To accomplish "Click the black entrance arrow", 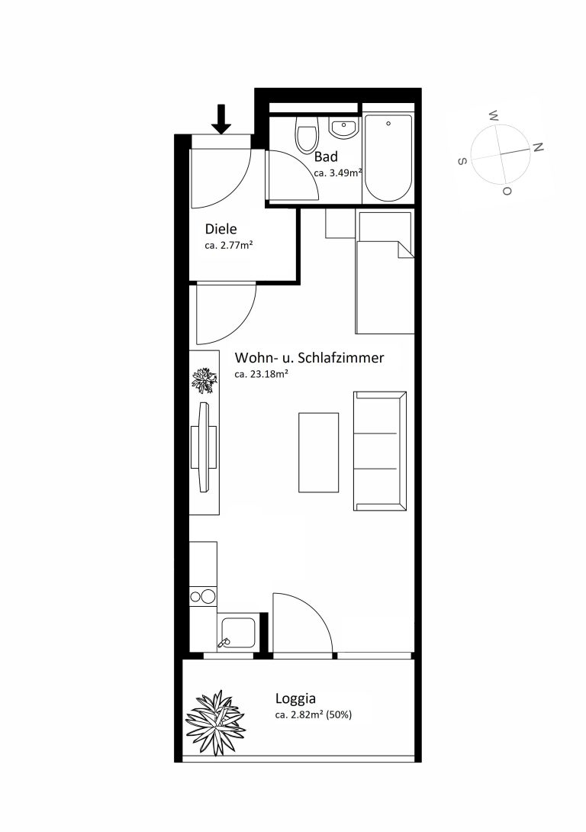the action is point(221,119).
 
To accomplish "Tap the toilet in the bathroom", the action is point(307,135).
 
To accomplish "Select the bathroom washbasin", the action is point(344,127).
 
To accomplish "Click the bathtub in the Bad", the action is point(388,157).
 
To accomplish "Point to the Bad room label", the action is point(326,156).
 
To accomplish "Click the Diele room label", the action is point(221,229).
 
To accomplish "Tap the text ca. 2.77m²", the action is point(229,246).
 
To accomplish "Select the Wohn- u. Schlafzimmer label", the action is point(309,358).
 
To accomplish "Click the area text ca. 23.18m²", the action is point(261,373).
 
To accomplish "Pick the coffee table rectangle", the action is point(319,453).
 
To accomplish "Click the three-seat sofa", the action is point(380,451).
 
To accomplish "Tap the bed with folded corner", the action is point(385,272).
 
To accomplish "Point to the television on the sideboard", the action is point(204,447).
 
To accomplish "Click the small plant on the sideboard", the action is point(204,380).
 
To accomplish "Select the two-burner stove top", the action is point(203,596).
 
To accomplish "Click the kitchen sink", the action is point(237,633).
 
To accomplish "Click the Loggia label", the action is point(295,699).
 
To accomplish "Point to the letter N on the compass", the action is point(538,147).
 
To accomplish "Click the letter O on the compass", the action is point(507,191).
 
